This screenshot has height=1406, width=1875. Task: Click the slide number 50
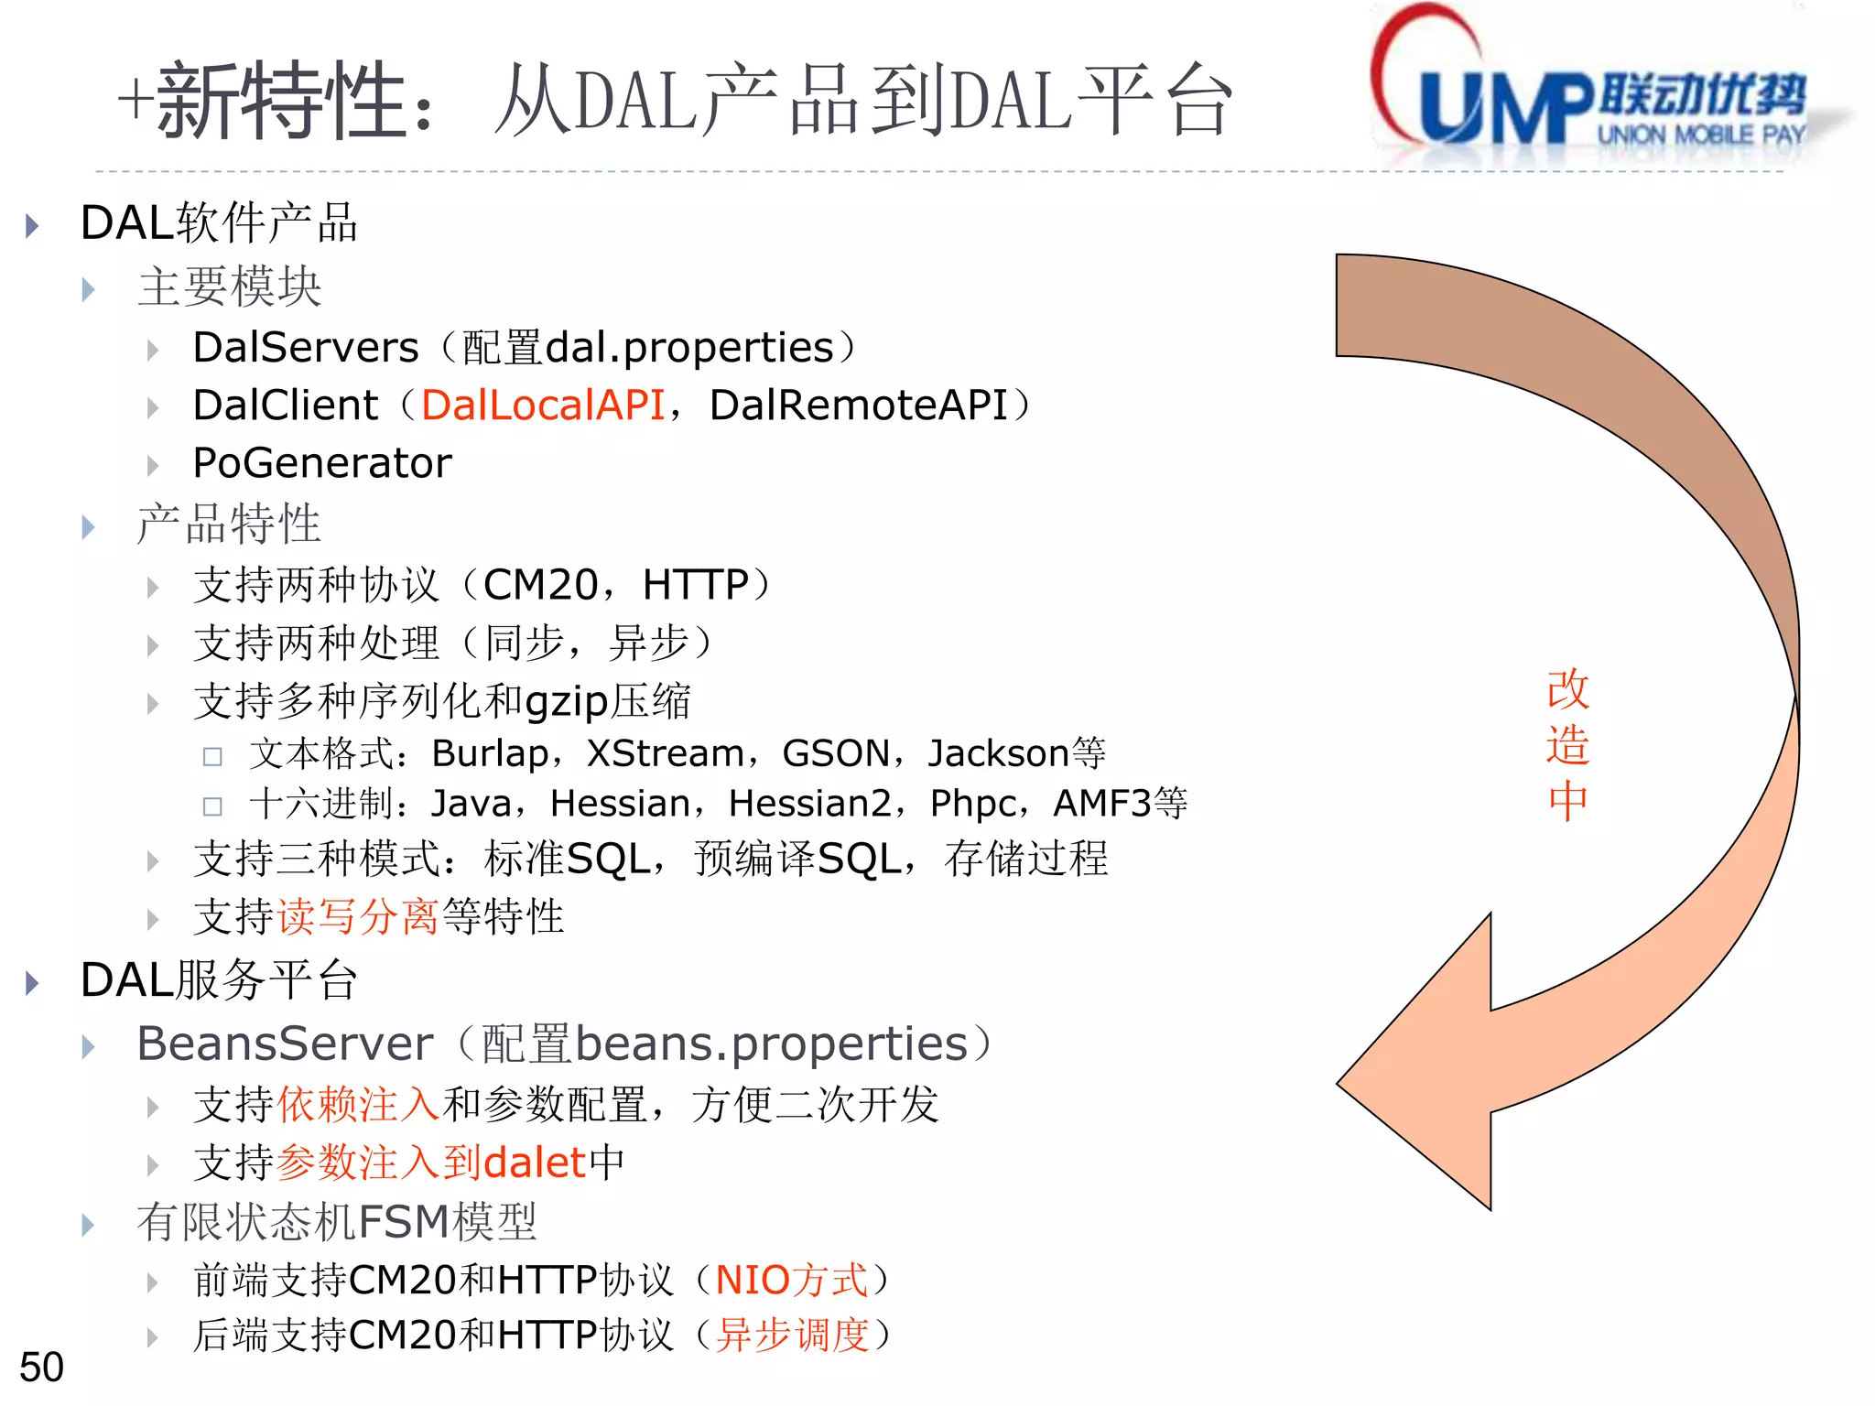click(x=41, y=1367)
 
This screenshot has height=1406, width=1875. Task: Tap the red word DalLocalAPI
click(x=543, y=405)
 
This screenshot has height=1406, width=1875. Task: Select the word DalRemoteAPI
click(x=858, y=405)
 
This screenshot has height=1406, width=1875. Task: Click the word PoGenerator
click(x=322, y=463)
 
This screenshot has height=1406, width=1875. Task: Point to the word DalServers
click(x=306, y=348)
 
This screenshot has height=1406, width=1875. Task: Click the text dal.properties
click(x=689, y=348)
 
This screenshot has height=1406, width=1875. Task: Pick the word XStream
click(x=665, y=753)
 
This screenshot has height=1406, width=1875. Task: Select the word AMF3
click(x=1101, y=804)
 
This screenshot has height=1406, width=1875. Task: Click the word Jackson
click(x=998, y=753)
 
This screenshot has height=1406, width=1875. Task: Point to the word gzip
click(x=567, y=703)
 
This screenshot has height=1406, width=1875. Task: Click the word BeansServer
click(x=285, y=1044)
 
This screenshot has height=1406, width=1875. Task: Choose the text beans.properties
click(x=771, y=1044)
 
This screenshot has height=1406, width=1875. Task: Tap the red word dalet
click(x=535, y=1163)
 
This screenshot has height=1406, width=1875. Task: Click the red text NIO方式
click(x=791, y=1280)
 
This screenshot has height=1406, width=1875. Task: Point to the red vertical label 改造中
click(x=1567, y=745)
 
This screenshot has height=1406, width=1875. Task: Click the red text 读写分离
click(x=358, y=917)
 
